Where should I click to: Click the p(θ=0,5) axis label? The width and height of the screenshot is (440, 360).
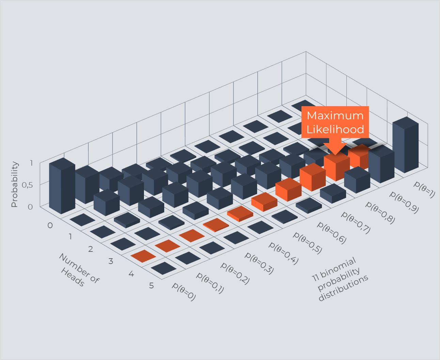click(x=308, y=243)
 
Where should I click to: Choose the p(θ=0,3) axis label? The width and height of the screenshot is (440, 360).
click(x=259, y=263)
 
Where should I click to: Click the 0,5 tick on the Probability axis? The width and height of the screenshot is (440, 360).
click(x=27, y=185)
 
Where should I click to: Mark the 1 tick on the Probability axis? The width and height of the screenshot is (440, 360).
click(x=31, y=163)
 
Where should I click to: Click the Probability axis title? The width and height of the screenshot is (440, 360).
click(x=15, y=184)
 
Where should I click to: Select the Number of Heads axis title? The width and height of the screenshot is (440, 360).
click(x=79, y=270)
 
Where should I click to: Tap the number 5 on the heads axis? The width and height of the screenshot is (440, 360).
click(x=152, y=285)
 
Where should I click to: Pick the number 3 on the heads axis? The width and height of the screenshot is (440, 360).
click(x=111, y=261)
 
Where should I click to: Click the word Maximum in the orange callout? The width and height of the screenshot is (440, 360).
click(x=335, y=115)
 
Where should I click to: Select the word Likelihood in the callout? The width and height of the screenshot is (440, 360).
click(x=335, y=129)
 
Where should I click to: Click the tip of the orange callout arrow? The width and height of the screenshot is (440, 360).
click(x=335, y=155)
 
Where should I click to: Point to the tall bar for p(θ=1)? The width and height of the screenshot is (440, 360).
click(x=405, y=145)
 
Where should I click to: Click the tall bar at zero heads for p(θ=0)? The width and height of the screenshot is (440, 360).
click(x=62, y=186)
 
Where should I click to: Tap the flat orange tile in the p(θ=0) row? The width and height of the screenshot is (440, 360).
click(x=143, y=256)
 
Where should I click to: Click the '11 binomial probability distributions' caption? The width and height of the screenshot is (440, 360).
click(x=340, y=279)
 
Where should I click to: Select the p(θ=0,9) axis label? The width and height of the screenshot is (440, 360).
click(x=404, y=202)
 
